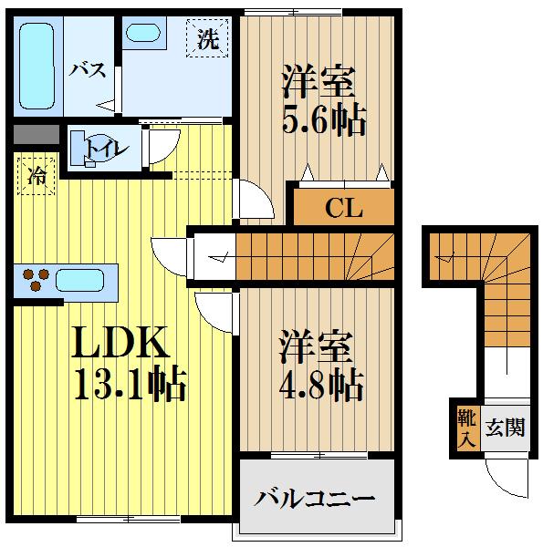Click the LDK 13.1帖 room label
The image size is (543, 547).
[128, 365]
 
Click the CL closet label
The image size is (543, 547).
[344, 208]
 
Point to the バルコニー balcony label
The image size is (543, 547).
[315, 499]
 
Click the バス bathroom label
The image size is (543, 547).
[89, 71]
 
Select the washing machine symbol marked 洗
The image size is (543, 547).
[208, 39]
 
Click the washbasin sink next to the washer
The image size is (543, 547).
[141, 33]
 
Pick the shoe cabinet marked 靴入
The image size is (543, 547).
[465, 427]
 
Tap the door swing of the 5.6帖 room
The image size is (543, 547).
[251, 201]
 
